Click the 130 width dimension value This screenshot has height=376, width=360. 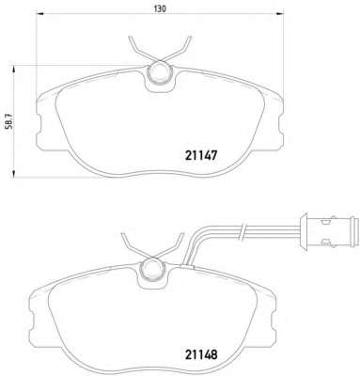pos(160,8)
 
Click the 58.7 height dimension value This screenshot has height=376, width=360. pos(10,121)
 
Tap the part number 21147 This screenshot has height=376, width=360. pos(201,155)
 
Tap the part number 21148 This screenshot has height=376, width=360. pos(201,354)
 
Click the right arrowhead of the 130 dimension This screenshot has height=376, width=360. pos(279,13)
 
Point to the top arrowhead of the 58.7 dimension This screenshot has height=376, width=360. pos(13,70)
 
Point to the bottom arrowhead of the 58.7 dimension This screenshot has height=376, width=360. pos(13,173)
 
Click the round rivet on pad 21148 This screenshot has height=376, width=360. pos(152,270)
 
